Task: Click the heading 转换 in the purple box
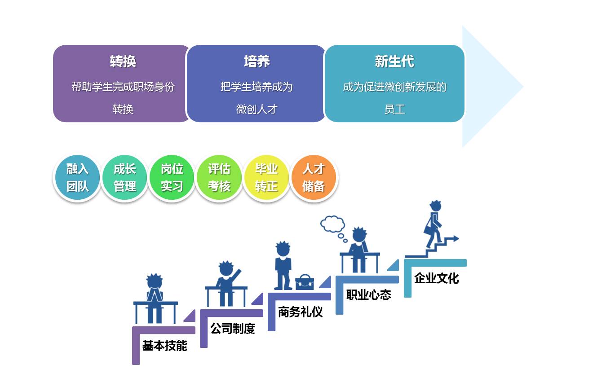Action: click(x=123, y=61)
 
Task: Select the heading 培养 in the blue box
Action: click(x=256, y=61)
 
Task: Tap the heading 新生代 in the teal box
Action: click(x=394, y=61)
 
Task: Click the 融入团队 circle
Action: click(x=78, y=178)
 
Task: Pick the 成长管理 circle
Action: click(x=124, y=178)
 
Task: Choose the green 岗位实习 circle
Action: click(x=172, y=178)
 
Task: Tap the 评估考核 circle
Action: click(x=219, y=178)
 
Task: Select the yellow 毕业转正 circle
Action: click(x=266, y=178)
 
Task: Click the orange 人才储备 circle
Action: click(x=314, y=178)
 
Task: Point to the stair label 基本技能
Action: click(x=164, y=346)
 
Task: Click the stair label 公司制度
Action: click(x=233, y=329)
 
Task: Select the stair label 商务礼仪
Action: click(x=300, y=312)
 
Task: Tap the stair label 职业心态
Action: click(x=368, y=295)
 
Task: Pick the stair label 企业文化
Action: click(x=436, y=278)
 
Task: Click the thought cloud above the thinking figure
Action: click(x=332, y=224)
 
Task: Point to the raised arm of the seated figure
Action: click(x=235, y=273)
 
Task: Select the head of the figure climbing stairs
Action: click(x=435, y=206)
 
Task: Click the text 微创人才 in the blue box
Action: click(x=256, y=109)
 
